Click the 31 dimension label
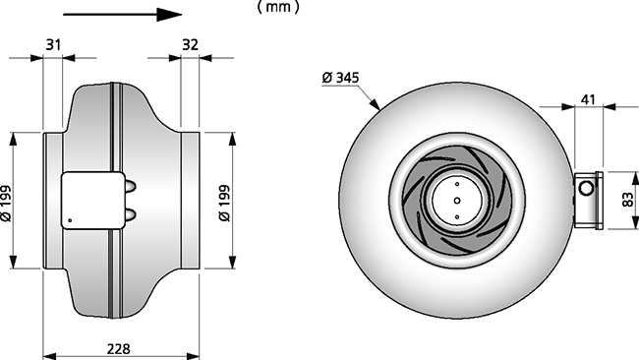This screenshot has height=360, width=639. (x=53, y=44)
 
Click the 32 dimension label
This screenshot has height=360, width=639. (x=190, y=44)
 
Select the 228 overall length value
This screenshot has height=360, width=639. (x=119, y=349)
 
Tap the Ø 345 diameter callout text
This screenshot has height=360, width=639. (x=340, y=77)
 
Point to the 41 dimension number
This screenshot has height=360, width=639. (x=588, y=99)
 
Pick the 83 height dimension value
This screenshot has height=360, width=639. (x=629, y=200)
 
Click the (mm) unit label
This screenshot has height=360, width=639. (x=278, y=7)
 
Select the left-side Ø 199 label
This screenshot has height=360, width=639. (x=6, y=204)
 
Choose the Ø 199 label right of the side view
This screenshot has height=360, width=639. (x=224, y=203)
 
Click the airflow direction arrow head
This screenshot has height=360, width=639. (x=169, y=15)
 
